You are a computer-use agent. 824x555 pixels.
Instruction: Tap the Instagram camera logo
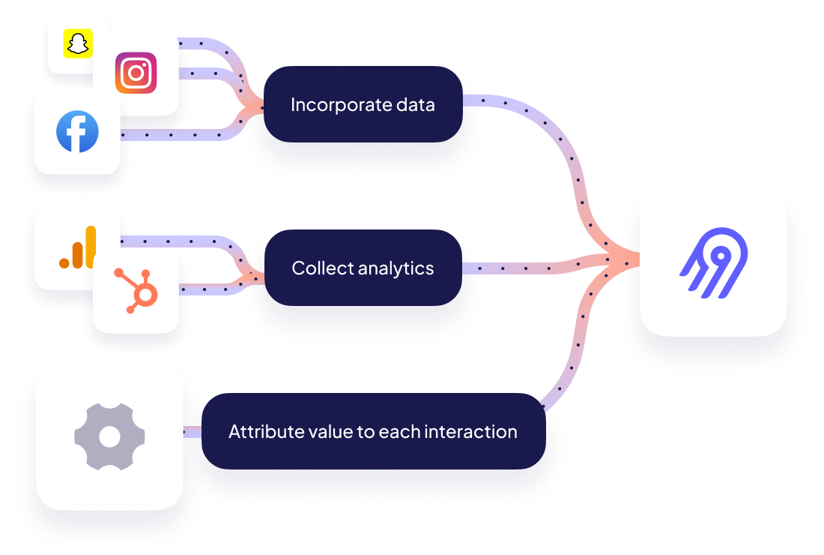[x=136, y=73]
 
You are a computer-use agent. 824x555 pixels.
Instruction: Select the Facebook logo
[x=77, y=131]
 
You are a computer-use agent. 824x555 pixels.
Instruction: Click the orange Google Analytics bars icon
[x=79, y=248]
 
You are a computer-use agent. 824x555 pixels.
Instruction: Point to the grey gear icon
[x=109, y=437]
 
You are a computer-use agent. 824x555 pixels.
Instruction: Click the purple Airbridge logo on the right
[x=712, y=262]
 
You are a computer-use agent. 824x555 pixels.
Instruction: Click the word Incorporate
[x=334, y=105]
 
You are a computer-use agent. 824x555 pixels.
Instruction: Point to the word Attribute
[x=259, y=432]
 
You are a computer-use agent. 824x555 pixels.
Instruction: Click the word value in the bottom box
[x=315, y=432]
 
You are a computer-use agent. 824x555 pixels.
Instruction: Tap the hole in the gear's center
[x=109, y=437]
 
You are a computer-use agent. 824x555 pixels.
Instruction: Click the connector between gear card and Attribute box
[x=193, y=432]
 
